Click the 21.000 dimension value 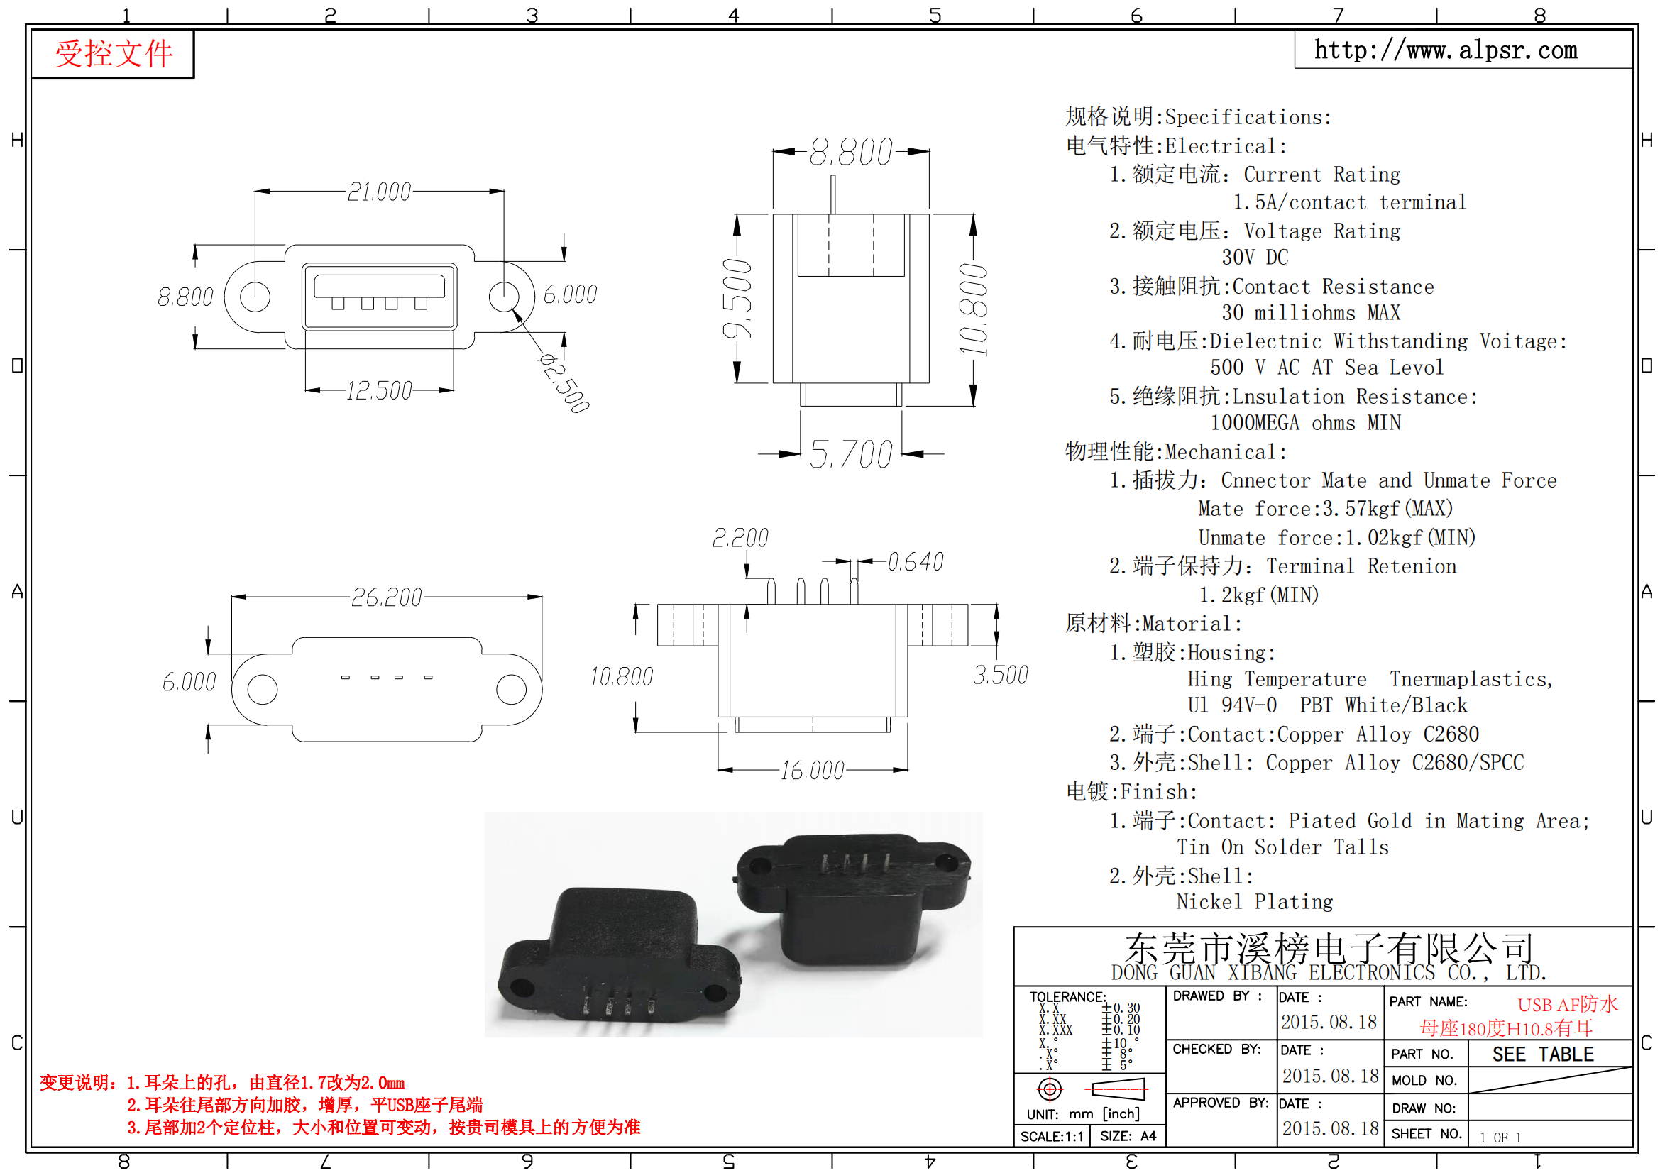tap(379, 192)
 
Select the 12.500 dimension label tap(379, 391)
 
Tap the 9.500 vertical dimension tap(737, 299)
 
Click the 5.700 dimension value tap(851, 455)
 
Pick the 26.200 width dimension tap(386, 597)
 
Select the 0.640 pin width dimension tap(916, 562)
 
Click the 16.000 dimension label tap(813, 771)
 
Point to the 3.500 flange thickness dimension tap(1001, 675)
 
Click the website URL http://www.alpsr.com tap(1445, 50)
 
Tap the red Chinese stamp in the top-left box tap(114, 54)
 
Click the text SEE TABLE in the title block tap(1543, 1054)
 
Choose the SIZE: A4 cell tap(1128, 1136)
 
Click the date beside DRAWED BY tap(1329, 1022)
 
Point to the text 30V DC tap(1255, 258)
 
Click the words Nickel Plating tap(1254, 902)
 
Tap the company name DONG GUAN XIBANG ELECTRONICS tap(1273, 973)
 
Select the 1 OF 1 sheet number tap(1500, 1138)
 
